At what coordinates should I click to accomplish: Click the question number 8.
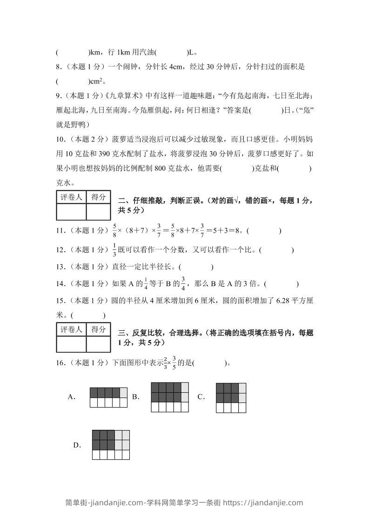(x=58, y=67)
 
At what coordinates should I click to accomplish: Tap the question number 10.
(x=60, y=139)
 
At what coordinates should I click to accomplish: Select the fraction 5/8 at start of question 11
(x=114, y=230)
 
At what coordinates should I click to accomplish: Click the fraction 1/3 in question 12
(x=114, y=250)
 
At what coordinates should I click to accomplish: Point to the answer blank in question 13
(x=195, y=267)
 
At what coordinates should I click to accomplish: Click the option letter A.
(x=72, y=397)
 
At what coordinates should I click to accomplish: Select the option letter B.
(x=136, y=397)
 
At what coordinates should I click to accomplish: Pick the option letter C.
(x=201, y=397)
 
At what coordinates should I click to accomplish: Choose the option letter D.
(x=77, y=445)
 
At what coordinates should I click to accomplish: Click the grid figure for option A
(x=108, y=397)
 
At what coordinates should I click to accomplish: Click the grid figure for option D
(x=111, y=444)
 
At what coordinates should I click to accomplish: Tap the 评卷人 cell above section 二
(x=71, y=197)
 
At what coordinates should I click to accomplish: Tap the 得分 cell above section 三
(x=98, y=329)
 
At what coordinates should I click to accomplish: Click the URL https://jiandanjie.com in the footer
(x=263, y=502)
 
